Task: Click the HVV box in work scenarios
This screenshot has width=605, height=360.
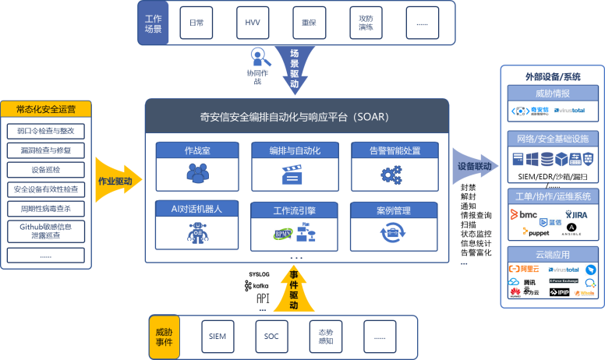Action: pyautogui.click(x=252, y=23)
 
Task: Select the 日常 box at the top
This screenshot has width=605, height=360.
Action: pyautogui.click(x=196, y=23)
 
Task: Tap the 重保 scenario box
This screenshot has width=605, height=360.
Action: pyautogui.click(x=309, y=23)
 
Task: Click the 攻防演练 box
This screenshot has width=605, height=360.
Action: pyautogui.click(x=366, y=23)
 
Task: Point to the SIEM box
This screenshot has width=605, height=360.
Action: pyautogui.click(x=217, y=337)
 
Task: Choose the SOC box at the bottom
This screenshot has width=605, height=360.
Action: pyautogui.click(x=271, y=337)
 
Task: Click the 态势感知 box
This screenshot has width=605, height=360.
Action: pyautogui.click(x=326, y=337)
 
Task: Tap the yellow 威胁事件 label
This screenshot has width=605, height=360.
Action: pyautogui.click(x=165, y=337)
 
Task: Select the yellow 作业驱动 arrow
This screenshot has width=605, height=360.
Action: pyautogui.click(x=115, y=181)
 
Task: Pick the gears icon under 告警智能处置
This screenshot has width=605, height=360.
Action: pyautogui.click(x=392, y=174)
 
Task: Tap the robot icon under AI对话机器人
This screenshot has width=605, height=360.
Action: pyautogui.click(x=197, y=233)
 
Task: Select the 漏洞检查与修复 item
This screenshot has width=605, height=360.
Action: pyautogui.click(x=46, y=149)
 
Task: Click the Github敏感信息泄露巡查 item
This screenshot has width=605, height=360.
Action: pyautogui.click(x=46, y=231)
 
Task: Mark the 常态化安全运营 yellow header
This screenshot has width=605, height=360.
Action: pyautogui.click(x=46, y=108)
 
